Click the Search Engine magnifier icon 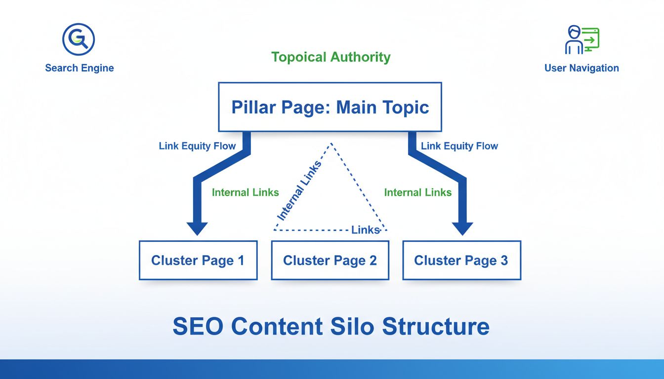(x=79, y=38)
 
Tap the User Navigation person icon (x=581, y=40)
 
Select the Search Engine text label (x=80, y=68)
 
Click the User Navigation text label (x=581, y=68)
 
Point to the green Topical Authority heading (x=331, y=57)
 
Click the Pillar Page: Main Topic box (x=330, y=107)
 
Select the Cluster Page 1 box (x=198, y=261)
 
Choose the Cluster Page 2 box (x=330, y=261)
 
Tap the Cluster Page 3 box (x=461, y=261)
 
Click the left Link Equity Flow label (x=197, y=146)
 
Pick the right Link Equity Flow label (x=459, y=146)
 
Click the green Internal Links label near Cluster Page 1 (x=246, y=192)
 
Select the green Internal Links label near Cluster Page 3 (x=418, y=192)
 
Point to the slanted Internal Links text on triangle (x=299, y=190)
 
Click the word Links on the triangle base (x=366, y=230)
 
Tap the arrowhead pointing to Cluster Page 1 (x=197, y=228)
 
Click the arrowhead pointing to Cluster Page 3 (x=462, y=228)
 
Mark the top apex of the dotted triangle (x=331, y=144)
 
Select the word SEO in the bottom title (x=198, y=326)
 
